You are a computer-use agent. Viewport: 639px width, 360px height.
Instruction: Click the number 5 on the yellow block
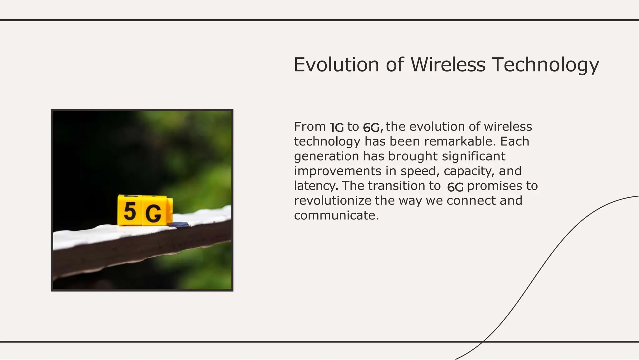pos(130,211)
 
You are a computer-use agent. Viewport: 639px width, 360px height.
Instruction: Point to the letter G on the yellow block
pos(153,214)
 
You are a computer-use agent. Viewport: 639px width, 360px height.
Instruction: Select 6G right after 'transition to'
pos(455,187)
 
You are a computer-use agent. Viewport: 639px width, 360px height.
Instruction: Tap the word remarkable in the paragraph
pos(460,141)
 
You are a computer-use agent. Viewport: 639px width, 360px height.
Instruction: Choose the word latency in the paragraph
pos(316,186)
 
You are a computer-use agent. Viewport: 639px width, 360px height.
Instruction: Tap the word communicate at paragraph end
pos(336,215)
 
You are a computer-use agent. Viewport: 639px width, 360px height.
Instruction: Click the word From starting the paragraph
pos(310,127)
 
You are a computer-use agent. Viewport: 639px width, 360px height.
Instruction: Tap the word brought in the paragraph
pos(413,156)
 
